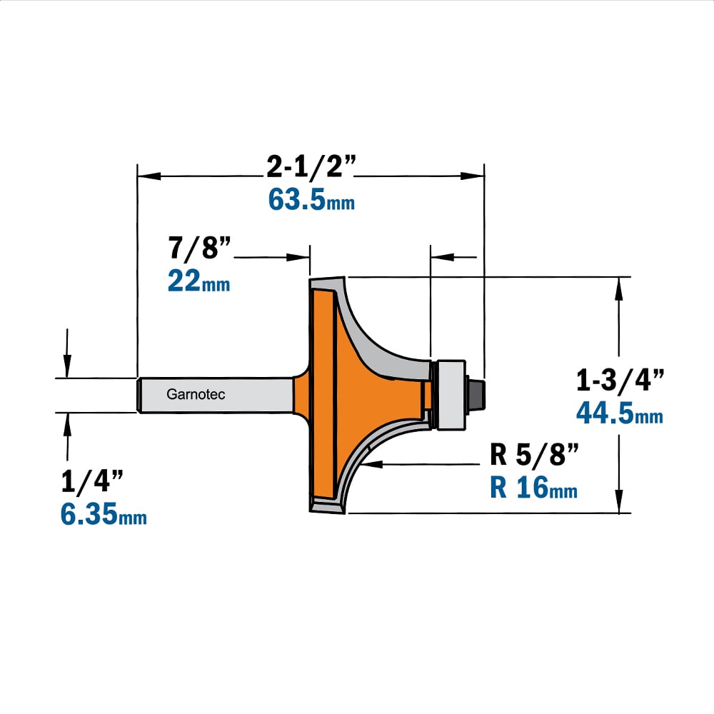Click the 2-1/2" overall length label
pos(311,166)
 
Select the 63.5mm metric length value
pos(311,199)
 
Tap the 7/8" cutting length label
pos(200,248)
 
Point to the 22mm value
pos(199,281)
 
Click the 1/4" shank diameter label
pos(92,481)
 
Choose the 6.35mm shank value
pos(104,514)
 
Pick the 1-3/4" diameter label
pos(620,380)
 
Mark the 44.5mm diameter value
pos(620,413)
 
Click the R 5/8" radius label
pos(534,454)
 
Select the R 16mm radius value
pos(533,487)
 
